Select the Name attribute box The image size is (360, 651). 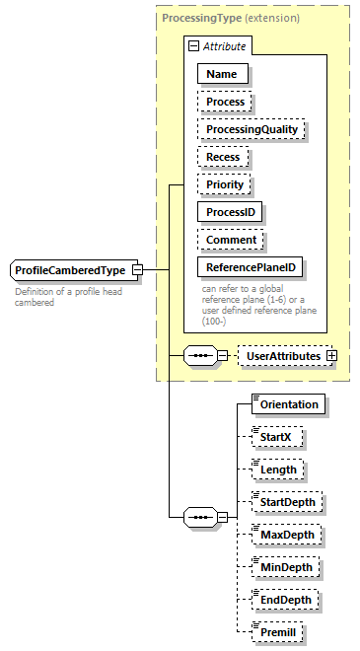(222, 73)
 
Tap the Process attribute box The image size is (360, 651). (226, 101)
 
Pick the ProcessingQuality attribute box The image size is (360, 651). (252, 128)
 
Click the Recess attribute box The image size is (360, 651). (224, 156)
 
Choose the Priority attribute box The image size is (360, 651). (225, 183)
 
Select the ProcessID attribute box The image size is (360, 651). (233, 211)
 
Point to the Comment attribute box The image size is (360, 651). (232, 239)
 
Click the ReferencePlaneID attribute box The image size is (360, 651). (251, 266)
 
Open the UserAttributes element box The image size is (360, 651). (282, 355)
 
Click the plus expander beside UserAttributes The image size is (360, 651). (331, 355)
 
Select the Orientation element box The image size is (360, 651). (288, 404)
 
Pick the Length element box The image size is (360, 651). (277, 470)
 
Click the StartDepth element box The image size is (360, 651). (286, 502)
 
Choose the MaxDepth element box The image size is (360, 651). (284, 535)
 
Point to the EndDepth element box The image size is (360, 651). (284, 600)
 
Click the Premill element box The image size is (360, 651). (276, 632)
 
